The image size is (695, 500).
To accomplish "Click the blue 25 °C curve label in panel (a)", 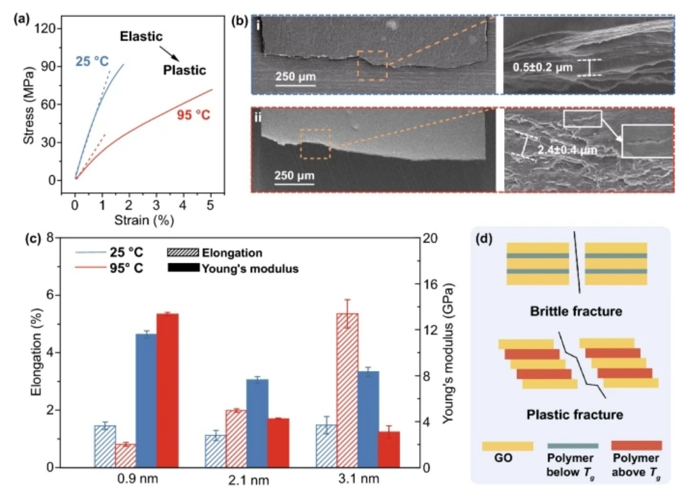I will tap(92, 62).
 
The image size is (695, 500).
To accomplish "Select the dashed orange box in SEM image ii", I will tap(315, 143).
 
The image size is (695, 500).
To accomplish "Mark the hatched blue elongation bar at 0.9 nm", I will tap(105, 446).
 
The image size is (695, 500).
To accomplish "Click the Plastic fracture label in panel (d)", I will tap(575, 413).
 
